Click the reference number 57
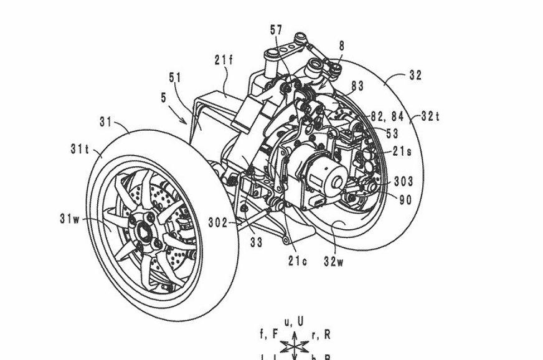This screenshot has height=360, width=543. [x=276, y=29]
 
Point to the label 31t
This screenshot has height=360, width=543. [x=80, y=149]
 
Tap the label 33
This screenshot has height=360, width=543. [x=256, y=242]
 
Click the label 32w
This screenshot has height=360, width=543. [x=333, y=261]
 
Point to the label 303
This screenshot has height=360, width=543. [x=404, y=182]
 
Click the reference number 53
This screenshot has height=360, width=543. [x=392, y=133]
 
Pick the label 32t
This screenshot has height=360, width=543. [x=430, y=116]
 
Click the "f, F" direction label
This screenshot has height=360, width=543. [x=268, y=335]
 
